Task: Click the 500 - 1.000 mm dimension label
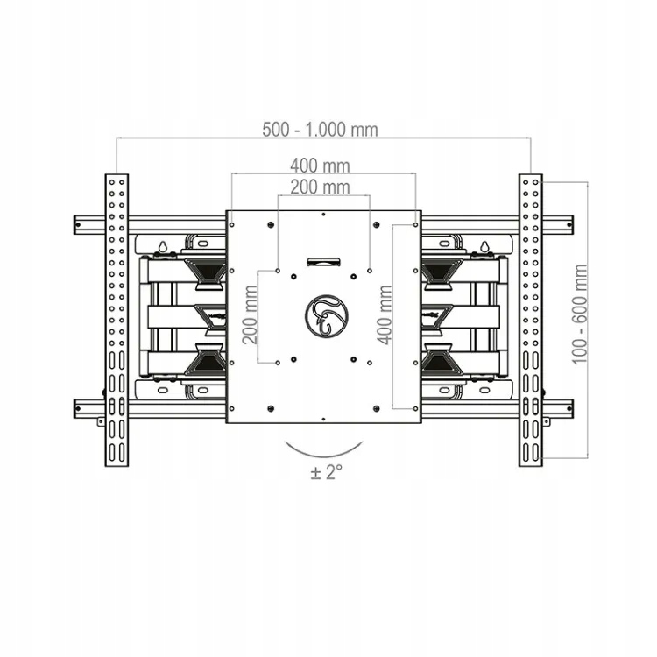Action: coord(320,130)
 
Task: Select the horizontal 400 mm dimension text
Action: coord(320,166)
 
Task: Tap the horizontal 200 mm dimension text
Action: coord(320,187)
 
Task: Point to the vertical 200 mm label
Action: coord(251,314)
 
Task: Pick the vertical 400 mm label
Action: coord(385,314)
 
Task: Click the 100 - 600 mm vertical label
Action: coord(580,314)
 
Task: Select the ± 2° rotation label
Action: coord(327,472)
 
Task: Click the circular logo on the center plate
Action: coord(327,315)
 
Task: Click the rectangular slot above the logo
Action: coord(324,262)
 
